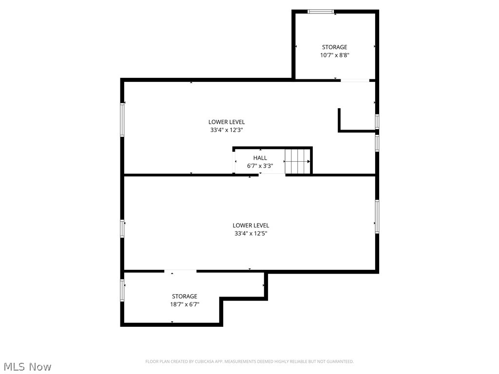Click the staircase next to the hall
(x=297, y=161)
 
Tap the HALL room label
(x=260, y=158)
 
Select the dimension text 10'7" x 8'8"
(x=335, y=56)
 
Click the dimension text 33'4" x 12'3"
(x=227, y=130)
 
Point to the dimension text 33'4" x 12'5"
(x=251, y=233)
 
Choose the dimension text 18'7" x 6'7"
(x=185, y=304)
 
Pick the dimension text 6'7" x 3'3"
(x=260, y=166)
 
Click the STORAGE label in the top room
(x=335, y=47)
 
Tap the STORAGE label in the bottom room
(x=185, y=296)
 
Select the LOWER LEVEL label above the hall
(x=227, y=122)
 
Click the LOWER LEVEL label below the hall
(x=251, y=225)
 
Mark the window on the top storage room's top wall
(x=321, y=12)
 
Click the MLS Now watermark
(x=27, y=366)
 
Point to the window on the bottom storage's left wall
(x=122, y=290)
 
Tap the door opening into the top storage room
(x=355, y=80)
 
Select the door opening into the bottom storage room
(x=180, y=271)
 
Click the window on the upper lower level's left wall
(x=123, y=120)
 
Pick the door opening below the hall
(x=272, y=174)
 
